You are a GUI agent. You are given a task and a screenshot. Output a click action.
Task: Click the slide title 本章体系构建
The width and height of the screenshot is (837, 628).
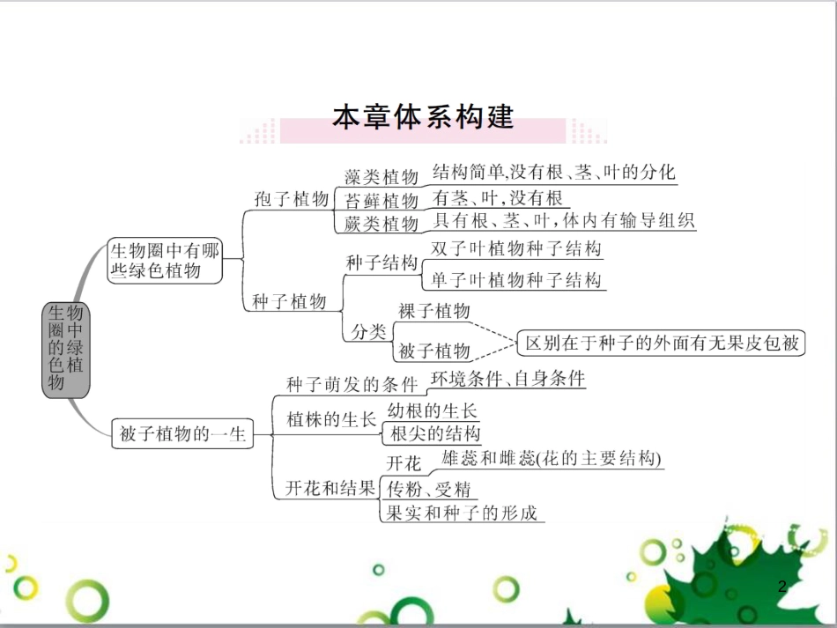click(x=423, y=118)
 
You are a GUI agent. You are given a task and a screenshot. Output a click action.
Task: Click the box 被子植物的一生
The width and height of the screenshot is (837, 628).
click(x=181, y=433)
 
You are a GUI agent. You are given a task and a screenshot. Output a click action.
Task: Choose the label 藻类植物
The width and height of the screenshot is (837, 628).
click(x=381, y=178)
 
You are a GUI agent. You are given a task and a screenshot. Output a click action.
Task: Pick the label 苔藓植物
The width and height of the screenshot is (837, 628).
click(x=381, y=201)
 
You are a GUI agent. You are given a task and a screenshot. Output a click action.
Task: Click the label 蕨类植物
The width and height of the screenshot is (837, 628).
click(x=381, y=224)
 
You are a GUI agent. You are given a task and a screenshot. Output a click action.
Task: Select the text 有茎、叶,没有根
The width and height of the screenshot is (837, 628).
click(x=497, y=197)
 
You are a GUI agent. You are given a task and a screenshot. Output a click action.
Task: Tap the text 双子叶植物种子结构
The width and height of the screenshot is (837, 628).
click(x=516, y=249)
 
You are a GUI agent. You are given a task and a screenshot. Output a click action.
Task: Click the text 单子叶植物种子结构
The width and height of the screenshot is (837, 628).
click(x=516, y=280)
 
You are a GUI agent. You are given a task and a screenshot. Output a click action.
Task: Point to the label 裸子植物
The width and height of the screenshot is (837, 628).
click(x=434, y=311)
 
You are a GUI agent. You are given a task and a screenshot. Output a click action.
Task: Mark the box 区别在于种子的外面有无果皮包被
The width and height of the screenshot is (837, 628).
click(x=662, y=342)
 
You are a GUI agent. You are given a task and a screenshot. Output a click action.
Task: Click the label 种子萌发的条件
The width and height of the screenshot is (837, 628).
click(x=352, y=385)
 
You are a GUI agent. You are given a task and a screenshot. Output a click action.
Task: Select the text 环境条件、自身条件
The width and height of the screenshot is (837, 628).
click(x=507, y=379)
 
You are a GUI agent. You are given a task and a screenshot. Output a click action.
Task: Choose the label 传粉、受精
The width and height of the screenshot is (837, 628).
click(x=429, y=489)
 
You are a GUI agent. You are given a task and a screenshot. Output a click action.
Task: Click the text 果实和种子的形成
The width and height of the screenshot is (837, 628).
click(x=462, y=513)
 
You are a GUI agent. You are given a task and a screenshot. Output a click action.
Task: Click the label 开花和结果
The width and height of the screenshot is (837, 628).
click(x=330, y=489)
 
